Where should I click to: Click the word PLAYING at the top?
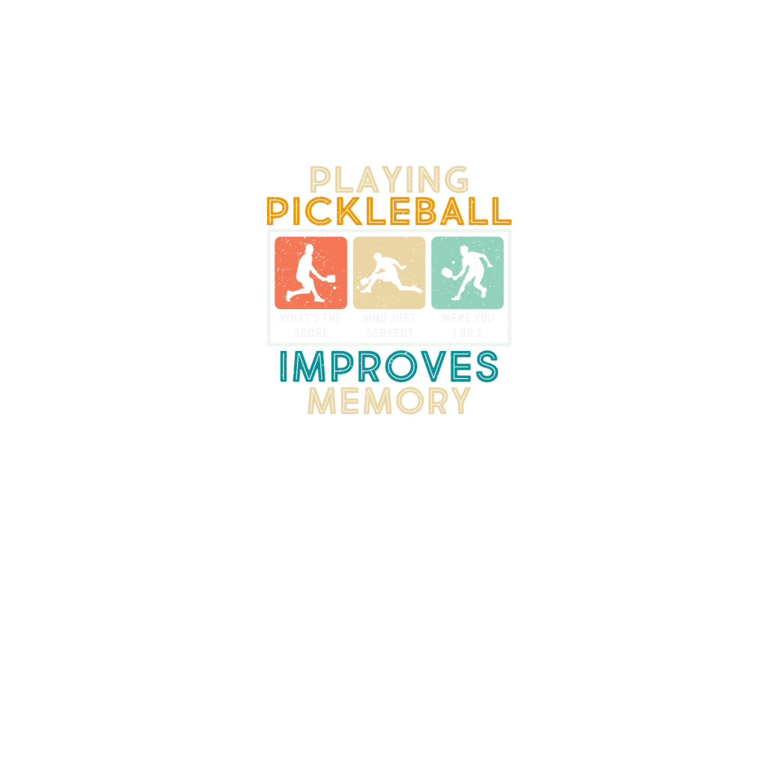tap(389, 181)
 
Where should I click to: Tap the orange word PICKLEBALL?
tap(389, 212)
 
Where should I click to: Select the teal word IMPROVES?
tap(388, 367)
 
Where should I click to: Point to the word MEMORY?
tap(389, 401)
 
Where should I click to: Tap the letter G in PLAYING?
tap(455, 181)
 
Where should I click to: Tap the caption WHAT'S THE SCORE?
tap(310, 325)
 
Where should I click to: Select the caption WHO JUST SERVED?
tap(388, 325)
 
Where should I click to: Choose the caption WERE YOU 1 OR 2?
tap(467, 325)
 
